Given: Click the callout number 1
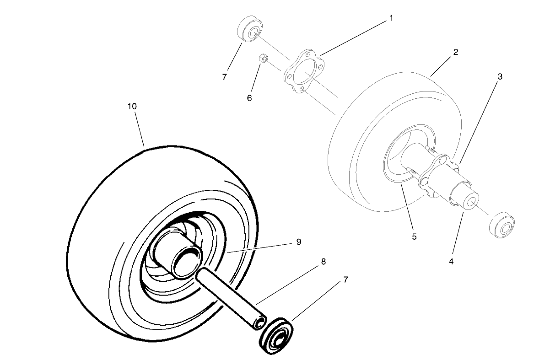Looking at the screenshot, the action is coord(391,18).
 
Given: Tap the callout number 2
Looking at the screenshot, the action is coord(456,52).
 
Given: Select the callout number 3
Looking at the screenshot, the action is coord(500,76).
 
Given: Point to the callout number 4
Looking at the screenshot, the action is coord(451,262).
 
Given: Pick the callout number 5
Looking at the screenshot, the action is coord(414,237).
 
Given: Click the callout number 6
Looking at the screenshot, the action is coord(249,98).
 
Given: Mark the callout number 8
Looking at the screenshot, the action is coord(324,262).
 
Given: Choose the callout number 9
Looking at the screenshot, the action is coord(299,242).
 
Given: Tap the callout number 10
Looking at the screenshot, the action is coord(132,106).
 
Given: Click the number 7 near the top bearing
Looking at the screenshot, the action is coord(224,77).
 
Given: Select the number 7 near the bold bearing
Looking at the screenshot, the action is coord(346,279).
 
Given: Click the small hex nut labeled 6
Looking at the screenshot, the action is coord(264,59).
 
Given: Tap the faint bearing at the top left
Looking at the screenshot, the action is coord(250,28).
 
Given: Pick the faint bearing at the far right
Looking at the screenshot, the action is coord(502,225).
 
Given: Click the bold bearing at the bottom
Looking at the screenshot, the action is coord(276,336).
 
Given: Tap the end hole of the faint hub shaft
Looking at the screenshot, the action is coord(471,203).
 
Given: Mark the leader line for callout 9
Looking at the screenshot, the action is coord(260,248).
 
